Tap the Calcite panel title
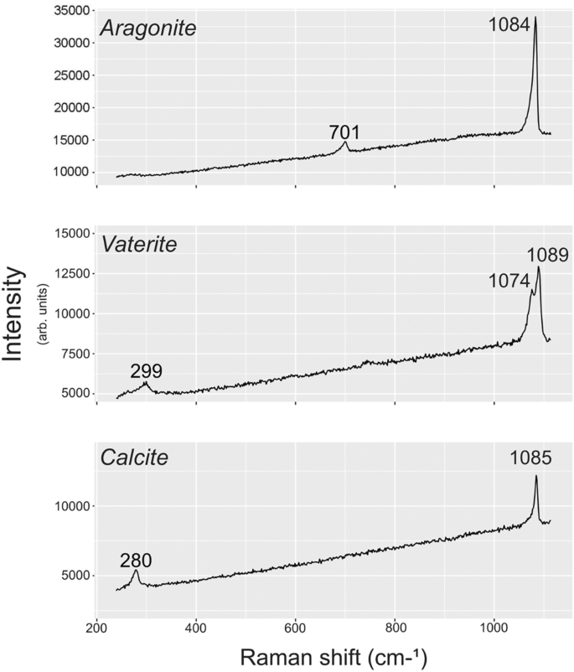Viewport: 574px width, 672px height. click(135, 458)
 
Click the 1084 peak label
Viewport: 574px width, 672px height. click(510, 27)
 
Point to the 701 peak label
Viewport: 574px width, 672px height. click(344, 132)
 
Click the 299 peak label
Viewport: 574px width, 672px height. click(146, 371)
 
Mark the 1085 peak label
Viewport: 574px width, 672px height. click(532, 459)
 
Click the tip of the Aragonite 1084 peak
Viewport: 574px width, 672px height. click(535, 17)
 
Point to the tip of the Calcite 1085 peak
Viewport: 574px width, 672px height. click(536, 476)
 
